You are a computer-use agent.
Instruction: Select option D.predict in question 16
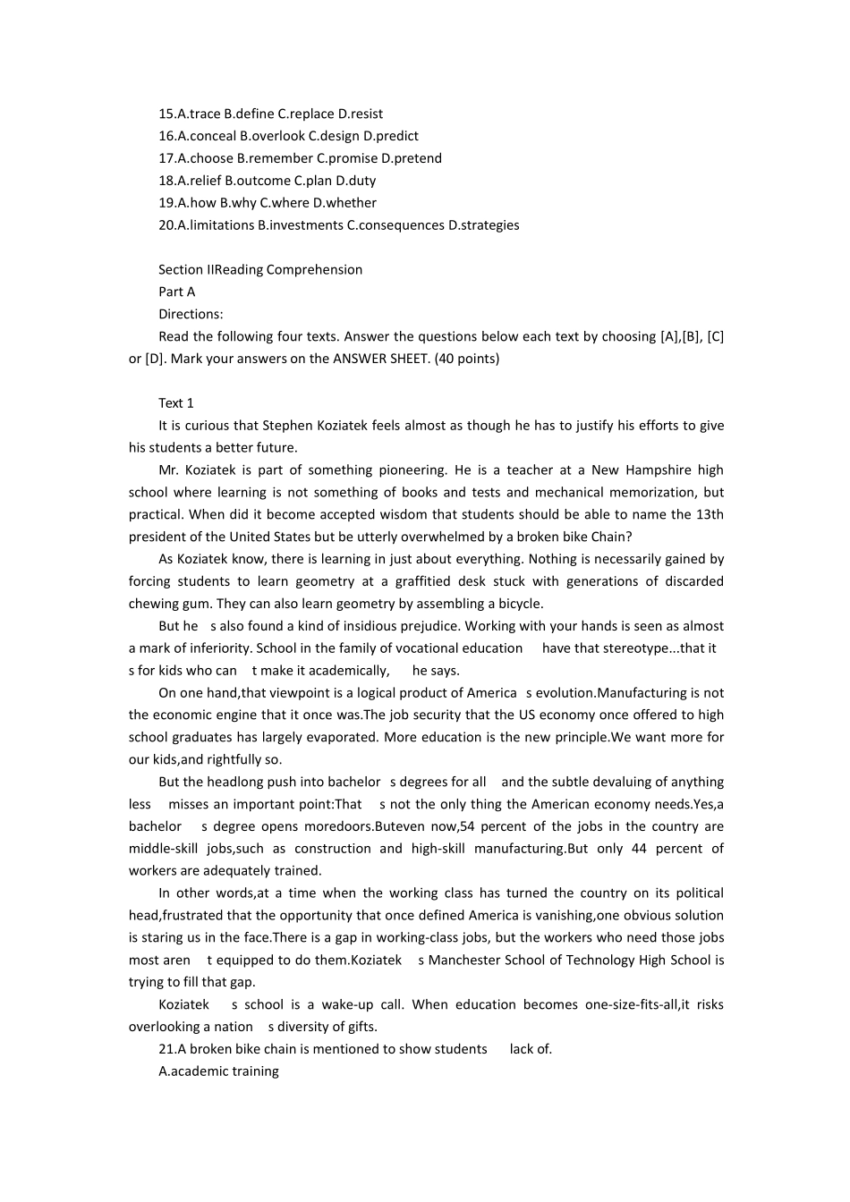391,136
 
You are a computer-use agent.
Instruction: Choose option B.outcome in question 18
258,181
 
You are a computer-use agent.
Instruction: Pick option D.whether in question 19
344,203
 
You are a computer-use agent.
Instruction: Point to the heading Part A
176,292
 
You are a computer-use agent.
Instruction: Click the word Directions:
191,314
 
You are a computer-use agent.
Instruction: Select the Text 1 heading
176,403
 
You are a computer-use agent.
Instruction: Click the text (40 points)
466,359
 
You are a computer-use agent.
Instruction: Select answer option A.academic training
218,1071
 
